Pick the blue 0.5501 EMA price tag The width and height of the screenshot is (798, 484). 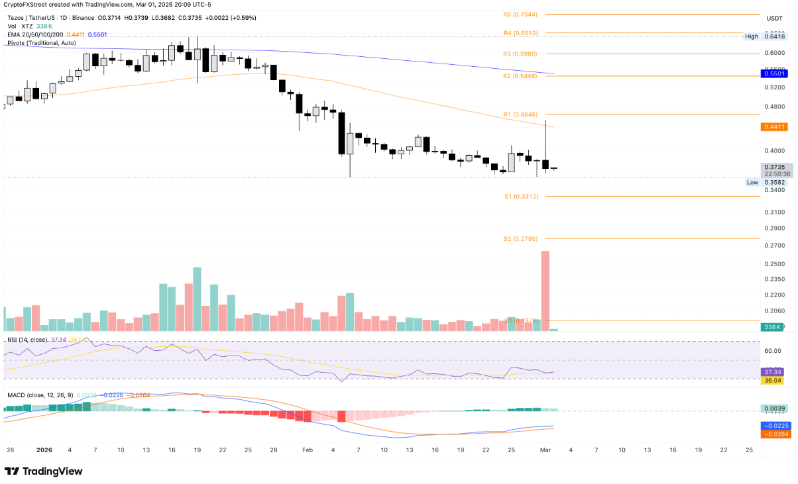tap(774, 74)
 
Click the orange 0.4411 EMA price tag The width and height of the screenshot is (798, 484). tap(774, 126)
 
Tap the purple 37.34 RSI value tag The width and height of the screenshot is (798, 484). tap(774, 372)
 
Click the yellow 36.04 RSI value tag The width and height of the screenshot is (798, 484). tap(774, 381)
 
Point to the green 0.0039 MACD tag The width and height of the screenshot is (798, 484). tap(774, 410)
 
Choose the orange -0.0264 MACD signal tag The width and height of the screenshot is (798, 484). tap(774, 434)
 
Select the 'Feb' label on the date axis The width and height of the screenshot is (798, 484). tap(307, 450)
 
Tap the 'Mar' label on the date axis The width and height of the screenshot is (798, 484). tap(545, 450)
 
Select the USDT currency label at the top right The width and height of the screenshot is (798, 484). tap(774, 19)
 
